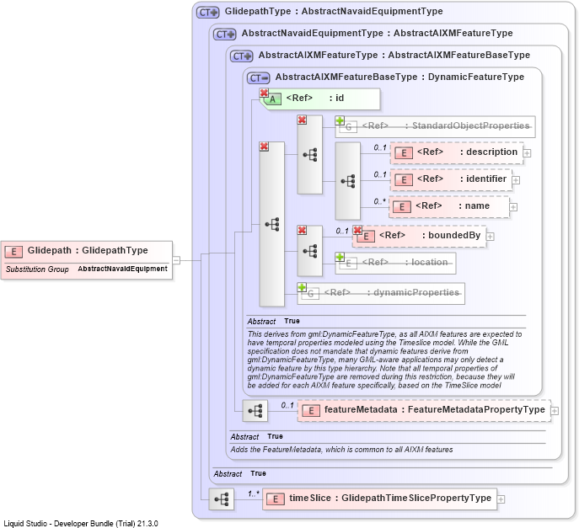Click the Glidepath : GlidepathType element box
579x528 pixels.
(x=87, y=260)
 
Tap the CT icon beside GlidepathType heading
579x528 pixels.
(x=208, y=12)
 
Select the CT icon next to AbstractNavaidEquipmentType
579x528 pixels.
(x=224, y=34)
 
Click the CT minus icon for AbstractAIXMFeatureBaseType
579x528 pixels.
(x=259, y=77)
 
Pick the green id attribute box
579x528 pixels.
(x=319, y=99)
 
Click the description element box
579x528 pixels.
(x=457, y=152)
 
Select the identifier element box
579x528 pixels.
(x=451, y=179)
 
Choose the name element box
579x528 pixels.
(x=449, y=206)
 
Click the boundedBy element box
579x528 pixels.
(x=419, y=236)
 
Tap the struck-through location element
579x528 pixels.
(x=395, y=263)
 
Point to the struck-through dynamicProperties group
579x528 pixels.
(x=381, y=294)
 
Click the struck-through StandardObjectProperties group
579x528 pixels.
(x=436, y=127)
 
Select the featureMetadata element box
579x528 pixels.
(x=424, y=410)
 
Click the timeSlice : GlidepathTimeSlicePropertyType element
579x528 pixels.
(x=379, y=499)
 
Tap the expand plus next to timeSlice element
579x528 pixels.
(x=501, y=499)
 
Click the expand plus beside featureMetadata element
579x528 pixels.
(x=555, y=411)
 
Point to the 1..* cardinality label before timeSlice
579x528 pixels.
(x=254, y=493)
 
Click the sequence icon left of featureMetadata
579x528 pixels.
(x=255, y=411)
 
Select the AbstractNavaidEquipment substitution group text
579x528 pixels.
(x=122, y=269)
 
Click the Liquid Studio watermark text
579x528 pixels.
(x=81, y=524)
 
